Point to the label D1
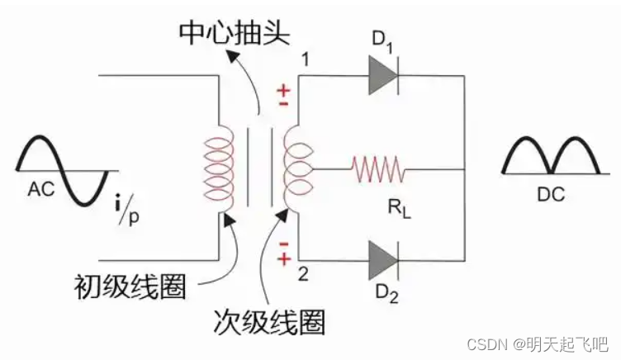[x=385, y=39]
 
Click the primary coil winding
[x=216, y=168]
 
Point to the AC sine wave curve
[x=62, y=168]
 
